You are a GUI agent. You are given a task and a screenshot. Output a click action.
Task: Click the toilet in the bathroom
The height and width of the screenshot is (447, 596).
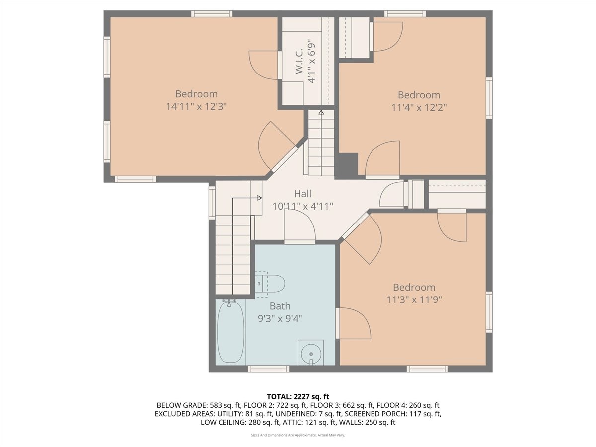[273, 284]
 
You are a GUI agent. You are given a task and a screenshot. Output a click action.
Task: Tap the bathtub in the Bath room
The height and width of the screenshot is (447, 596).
[230, 332]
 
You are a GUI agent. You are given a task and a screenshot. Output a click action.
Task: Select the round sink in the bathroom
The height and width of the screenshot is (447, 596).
[311, 353]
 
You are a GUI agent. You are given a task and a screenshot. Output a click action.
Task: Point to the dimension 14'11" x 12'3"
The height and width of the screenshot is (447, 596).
[196, 106]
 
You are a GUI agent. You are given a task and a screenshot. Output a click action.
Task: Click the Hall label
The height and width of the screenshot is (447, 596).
[302, 194]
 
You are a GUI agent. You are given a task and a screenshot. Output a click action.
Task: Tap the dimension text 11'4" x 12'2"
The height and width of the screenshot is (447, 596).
[419, 107]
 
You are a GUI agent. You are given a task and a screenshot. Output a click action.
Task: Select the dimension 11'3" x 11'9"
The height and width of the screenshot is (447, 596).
[414, 299]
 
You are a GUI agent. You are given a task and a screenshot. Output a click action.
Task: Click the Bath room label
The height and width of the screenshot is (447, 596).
[280, 306]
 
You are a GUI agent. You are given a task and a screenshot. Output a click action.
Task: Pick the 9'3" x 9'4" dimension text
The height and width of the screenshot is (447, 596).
[280, 318]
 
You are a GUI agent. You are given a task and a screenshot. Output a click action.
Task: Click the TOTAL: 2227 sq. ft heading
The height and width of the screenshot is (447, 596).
[298, 396]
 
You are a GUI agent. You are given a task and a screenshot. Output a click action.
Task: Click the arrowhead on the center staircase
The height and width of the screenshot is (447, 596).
[321, 113]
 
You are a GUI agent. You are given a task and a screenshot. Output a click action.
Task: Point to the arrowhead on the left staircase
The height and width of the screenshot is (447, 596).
[259, 198]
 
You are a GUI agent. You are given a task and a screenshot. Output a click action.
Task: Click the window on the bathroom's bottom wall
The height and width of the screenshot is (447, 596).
[268, 369]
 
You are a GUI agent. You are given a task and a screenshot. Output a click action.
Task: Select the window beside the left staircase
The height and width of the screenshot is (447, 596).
[212, 202]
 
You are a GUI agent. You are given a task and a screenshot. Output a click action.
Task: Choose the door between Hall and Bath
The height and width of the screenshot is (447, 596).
[299, 242]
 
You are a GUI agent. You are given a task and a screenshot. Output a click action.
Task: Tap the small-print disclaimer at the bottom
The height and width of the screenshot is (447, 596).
[298, 435]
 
